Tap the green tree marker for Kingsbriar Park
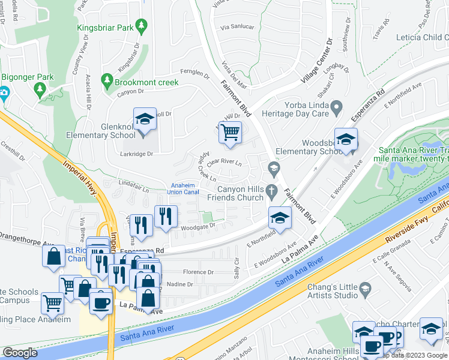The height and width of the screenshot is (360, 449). tap(142, 26)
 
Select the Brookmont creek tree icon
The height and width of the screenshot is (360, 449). tap(107, 79)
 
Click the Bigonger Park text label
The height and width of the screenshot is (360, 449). tap(28, 77)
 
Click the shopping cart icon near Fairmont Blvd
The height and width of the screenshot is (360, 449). tap(230, 132)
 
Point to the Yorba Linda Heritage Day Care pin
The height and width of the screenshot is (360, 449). tap(337, 107)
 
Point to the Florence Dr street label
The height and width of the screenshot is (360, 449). tap(198, 272)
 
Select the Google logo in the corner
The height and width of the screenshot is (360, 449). tap(20, 353)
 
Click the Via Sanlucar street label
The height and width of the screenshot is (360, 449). tap(238, 27)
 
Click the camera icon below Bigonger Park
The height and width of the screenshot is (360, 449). tap(4, 92)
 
